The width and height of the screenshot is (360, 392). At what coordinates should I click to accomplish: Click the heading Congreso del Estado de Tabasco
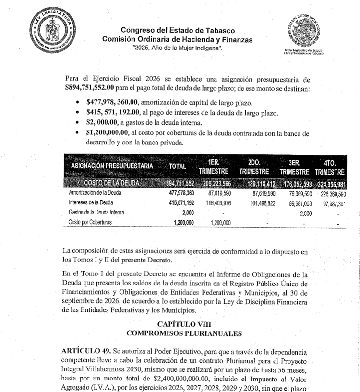click(x=177, y=31)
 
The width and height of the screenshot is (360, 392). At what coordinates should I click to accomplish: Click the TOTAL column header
click(x=177, y=166)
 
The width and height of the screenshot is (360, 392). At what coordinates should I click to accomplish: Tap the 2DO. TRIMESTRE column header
click(x=254, y=166)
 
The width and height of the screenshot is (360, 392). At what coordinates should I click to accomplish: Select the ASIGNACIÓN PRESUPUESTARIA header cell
click(x=112, y=166)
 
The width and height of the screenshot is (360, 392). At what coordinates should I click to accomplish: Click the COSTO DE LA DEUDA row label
click(x=111, y=183)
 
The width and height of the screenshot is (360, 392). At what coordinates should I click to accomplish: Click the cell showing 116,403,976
click(x=216, y=203)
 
